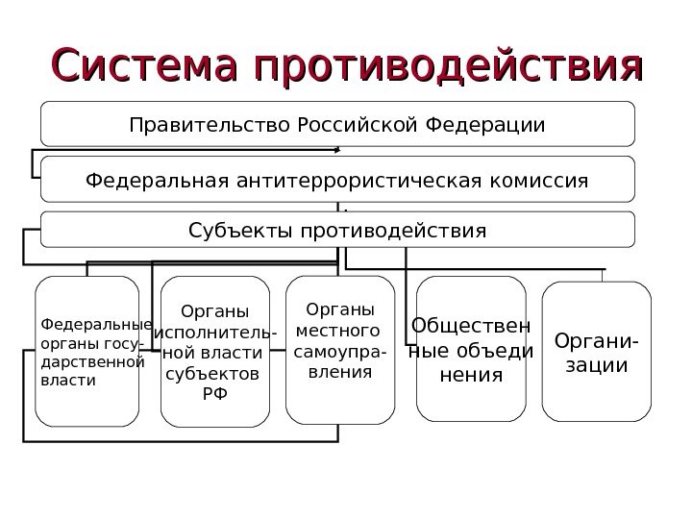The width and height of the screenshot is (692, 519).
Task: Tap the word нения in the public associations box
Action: (471, 374)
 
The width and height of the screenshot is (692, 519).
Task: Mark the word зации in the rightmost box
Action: (597, 365)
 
